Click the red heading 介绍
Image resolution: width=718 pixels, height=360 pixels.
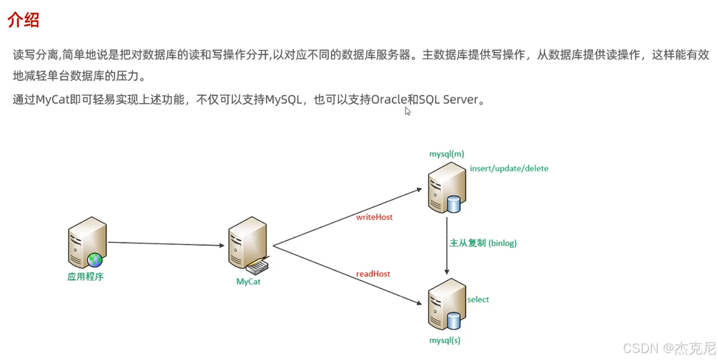23,20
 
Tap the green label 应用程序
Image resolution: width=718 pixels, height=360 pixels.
85,277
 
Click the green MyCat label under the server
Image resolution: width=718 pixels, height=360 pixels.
249,282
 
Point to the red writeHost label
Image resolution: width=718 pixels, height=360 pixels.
374,217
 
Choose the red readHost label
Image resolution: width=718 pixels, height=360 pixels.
373,274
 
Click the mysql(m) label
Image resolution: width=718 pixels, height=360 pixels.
446,154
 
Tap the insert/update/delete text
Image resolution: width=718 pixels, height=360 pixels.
509,169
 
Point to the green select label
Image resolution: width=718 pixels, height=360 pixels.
478,299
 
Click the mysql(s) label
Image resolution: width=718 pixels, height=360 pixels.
445,341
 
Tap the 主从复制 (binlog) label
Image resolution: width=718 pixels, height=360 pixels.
483,243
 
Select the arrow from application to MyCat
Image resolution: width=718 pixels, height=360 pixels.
166,244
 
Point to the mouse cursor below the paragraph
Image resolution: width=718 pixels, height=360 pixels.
407,111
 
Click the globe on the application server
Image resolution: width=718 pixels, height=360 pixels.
95,260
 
